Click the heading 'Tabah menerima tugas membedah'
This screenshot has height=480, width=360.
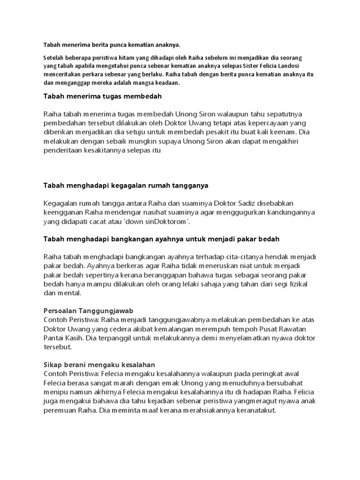coord(102,96)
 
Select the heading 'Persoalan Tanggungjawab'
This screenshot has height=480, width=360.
coord(88,310)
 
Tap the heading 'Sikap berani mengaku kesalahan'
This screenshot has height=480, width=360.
coord(99,365)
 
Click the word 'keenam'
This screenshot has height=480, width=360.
coord(283,132)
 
